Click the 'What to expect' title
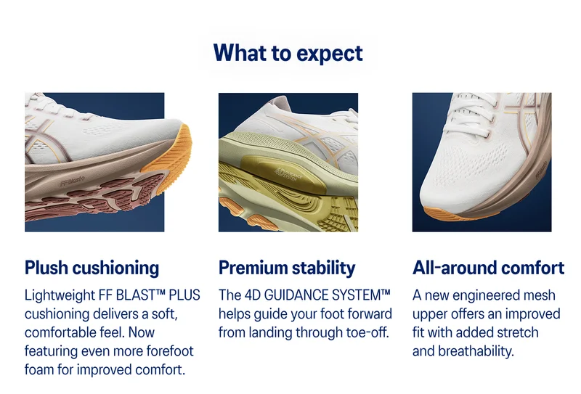point(288,53)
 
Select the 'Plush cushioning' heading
point(92,268)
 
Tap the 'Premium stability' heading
point(287,268)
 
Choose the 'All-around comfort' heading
point(488,267)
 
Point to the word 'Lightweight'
point(60,295)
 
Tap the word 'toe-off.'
point(367,332)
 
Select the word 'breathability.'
point(476,350)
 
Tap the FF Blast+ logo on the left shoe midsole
point(72,181)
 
